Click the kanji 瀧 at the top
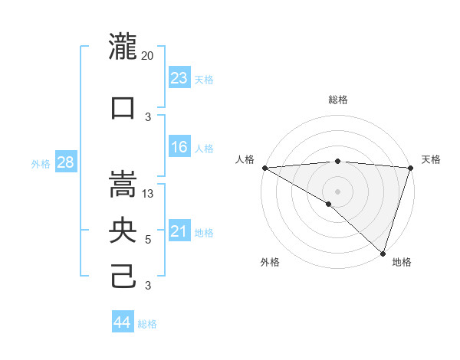[x=123, y=47]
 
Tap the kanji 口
[x=123, y=107]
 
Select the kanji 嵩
[x=123, y=183]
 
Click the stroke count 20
[x=147, y=56]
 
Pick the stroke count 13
[x=148, y=193]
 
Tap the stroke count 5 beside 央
[x=148, y=240]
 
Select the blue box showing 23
[x=179, y=77]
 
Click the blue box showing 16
[x=179, y=147]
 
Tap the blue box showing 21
[x=179, y=231]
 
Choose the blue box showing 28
[x=65, y=162]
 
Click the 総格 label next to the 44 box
[x=147, y=324]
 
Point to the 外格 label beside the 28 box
[x=41, y=163]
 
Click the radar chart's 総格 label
[x=337, y=100]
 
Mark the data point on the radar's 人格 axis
[x=264, y=168]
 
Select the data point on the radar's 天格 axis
[x=410, y=168]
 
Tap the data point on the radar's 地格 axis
[x=383, y=253]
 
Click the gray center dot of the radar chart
[x=337, y=191]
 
